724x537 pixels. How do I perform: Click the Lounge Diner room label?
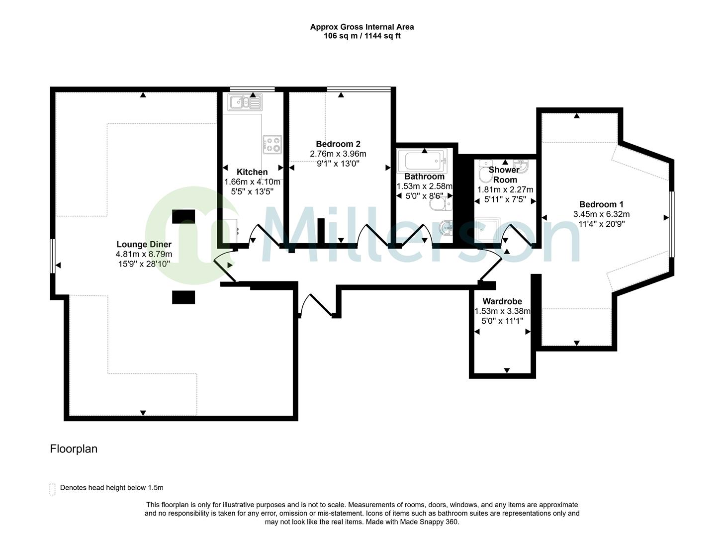tap(144, 244)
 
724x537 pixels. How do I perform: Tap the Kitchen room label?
tap(252, 172)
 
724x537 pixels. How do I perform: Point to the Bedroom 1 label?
tap(601, 204)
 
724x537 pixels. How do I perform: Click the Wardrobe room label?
tap(502, 301)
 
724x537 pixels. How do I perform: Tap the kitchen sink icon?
tap(244, 102)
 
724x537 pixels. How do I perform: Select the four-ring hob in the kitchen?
tap(272, 144)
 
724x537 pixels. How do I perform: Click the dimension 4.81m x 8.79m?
tap(144, 254)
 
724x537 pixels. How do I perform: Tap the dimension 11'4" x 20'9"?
tap(601, 224)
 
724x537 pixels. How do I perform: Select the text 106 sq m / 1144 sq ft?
tap(362, 36)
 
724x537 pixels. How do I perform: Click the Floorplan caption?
tap(74, 449)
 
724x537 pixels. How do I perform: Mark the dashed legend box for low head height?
tap(52, 489)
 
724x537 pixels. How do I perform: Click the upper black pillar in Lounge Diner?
tap(183, 216)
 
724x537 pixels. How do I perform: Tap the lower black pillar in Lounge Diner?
tap(183, 297)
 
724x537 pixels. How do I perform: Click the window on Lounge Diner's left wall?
tap(52, 256)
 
